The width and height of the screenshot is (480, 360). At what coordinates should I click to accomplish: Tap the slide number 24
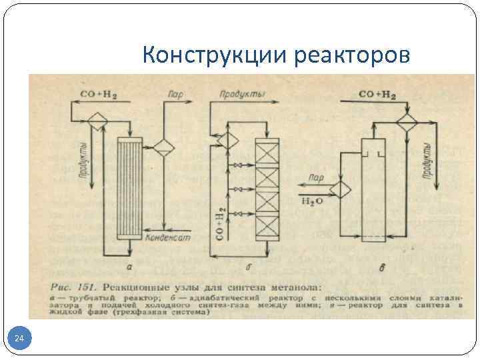click(x=19, y=340)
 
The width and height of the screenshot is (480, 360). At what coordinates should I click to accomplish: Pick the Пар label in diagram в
click(x=317, y=178)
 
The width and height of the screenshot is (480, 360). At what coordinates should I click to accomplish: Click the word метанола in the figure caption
click(x=294, y=287)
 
